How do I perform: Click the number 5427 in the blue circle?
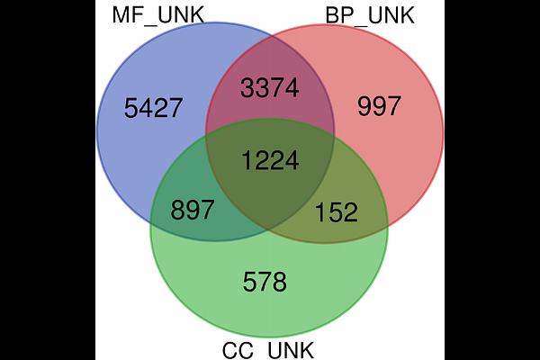[x=153, y=108]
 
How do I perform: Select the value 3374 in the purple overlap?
[x=270, y=88]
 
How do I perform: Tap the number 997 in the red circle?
[x=379, y=106]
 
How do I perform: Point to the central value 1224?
[x=270, y=160]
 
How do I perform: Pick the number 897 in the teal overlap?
[x=193, y=210]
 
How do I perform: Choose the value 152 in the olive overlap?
[x=337, y=212]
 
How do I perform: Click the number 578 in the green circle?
[x=265, y=282]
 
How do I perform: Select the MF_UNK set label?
[x=158, y=16]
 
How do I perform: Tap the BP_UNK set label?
[x=370, y=16]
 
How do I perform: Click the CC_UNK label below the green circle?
[x=268, y=350]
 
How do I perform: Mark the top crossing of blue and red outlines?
[x=271, y=34]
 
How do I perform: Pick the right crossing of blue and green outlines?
[x=333, y=137]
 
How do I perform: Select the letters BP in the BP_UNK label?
[x=339, y=15]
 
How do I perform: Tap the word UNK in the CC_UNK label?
[x=291, y=350]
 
